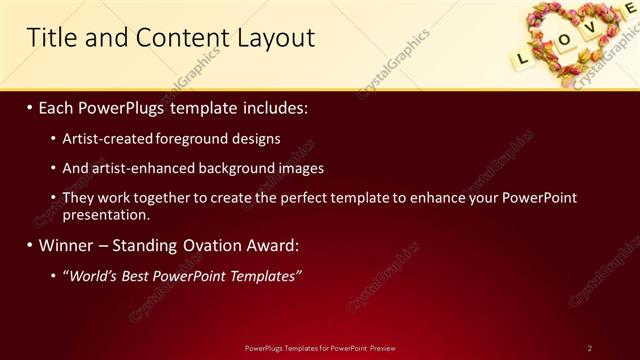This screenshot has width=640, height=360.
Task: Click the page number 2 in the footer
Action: pyautogui.click(x=589, y=348)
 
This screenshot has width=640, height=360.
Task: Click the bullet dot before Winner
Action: pyautogui.click(x=30, y=245)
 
